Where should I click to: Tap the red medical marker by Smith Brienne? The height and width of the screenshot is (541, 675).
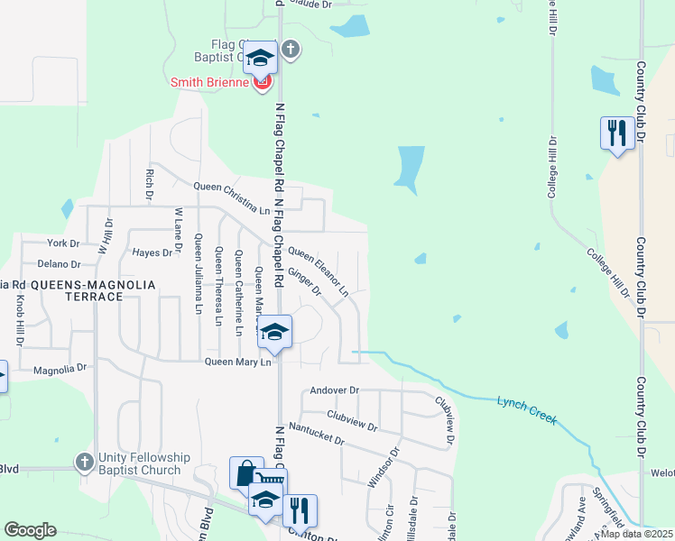click(x=263, y=83)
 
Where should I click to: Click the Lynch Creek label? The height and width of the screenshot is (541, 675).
click(x=526, y=409)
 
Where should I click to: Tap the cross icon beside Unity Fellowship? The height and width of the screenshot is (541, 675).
click(x=84, y=462)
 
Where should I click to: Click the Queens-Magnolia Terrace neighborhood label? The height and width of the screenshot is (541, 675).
click(x=93, y=284)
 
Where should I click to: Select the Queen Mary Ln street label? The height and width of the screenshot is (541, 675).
click(x=238, y=362)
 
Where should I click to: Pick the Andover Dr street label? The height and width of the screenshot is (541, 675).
click(x=334, y=390)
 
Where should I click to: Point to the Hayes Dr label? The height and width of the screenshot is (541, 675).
click(x=152, y=253)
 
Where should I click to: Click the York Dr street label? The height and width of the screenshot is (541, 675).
click(x=64, y=243)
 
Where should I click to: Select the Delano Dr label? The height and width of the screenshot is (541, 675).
click(x=59, y=264)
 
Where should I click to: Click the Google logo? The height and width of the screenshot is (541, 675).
click(x=30, y=529)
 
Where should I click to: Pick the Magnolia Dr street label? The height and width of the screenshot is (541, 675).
click(x=60, y=369)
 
